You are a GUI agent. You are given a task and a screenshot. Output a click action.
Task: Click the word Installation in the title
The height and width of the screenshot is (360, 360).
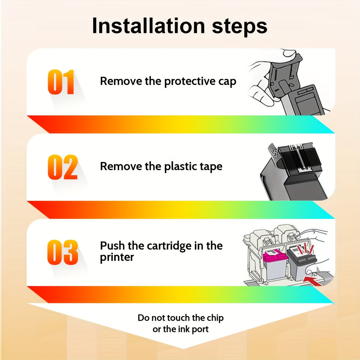click(x=148, y=26)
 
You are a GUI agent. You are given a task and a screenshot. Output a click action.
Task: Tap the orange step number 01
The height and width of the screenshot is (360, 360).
click(x=61, y=82)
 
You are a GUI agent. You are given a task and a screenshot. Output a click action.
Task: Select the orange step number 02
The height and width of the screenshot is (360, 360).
click(x=63, y=167)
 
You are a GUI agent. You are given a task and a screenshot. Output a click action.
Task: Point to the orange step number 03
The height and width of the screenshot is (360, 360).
click(x=63, y=252)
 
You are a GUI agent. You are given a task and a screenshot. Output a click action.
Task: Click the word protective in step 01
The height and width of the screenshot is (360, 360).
click(x=189, y=82)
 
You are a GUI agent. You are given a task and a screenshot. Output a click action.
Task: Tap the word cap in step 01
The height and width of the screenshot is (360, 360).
click(x=227, y=82)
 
